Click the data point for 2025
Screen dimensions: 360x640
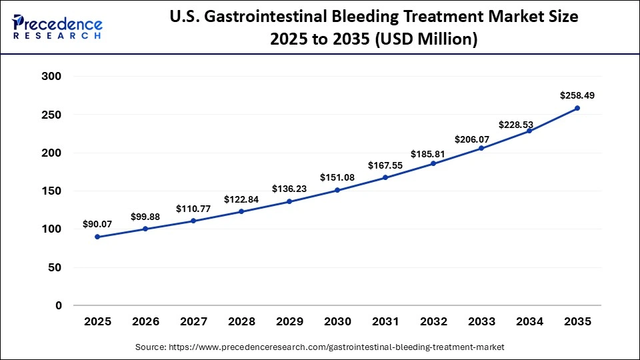click(98, 237)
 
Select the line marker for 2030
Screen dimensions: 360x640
click(337, 190)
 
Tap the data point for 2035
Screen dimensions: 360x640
click(577, 108)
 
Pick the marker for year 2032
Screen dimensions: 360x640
click(433, 163)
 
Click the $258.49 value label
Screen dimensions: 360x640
click(577, 95)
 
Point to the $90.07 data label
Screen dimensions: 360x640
click(98, 224)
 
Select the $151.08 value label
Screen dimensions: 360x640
click(337, 177)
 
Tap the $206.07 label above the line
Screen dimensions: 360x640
click(481, 139)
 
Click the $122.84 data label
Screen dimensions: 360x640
click(241, 199)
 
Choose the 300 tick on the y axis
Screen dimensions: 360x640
click(51, 77)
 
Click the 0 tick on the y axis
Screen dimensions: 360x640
click(59, 306)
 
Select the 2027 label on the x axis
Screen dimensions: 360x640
click(193, 321)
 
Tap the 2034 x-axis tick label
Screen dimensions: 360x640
click(529, 321)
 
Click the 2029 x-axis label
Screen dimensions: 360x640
click(289, 321)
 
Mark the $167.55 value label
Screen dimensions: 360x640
click(385, 165)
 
